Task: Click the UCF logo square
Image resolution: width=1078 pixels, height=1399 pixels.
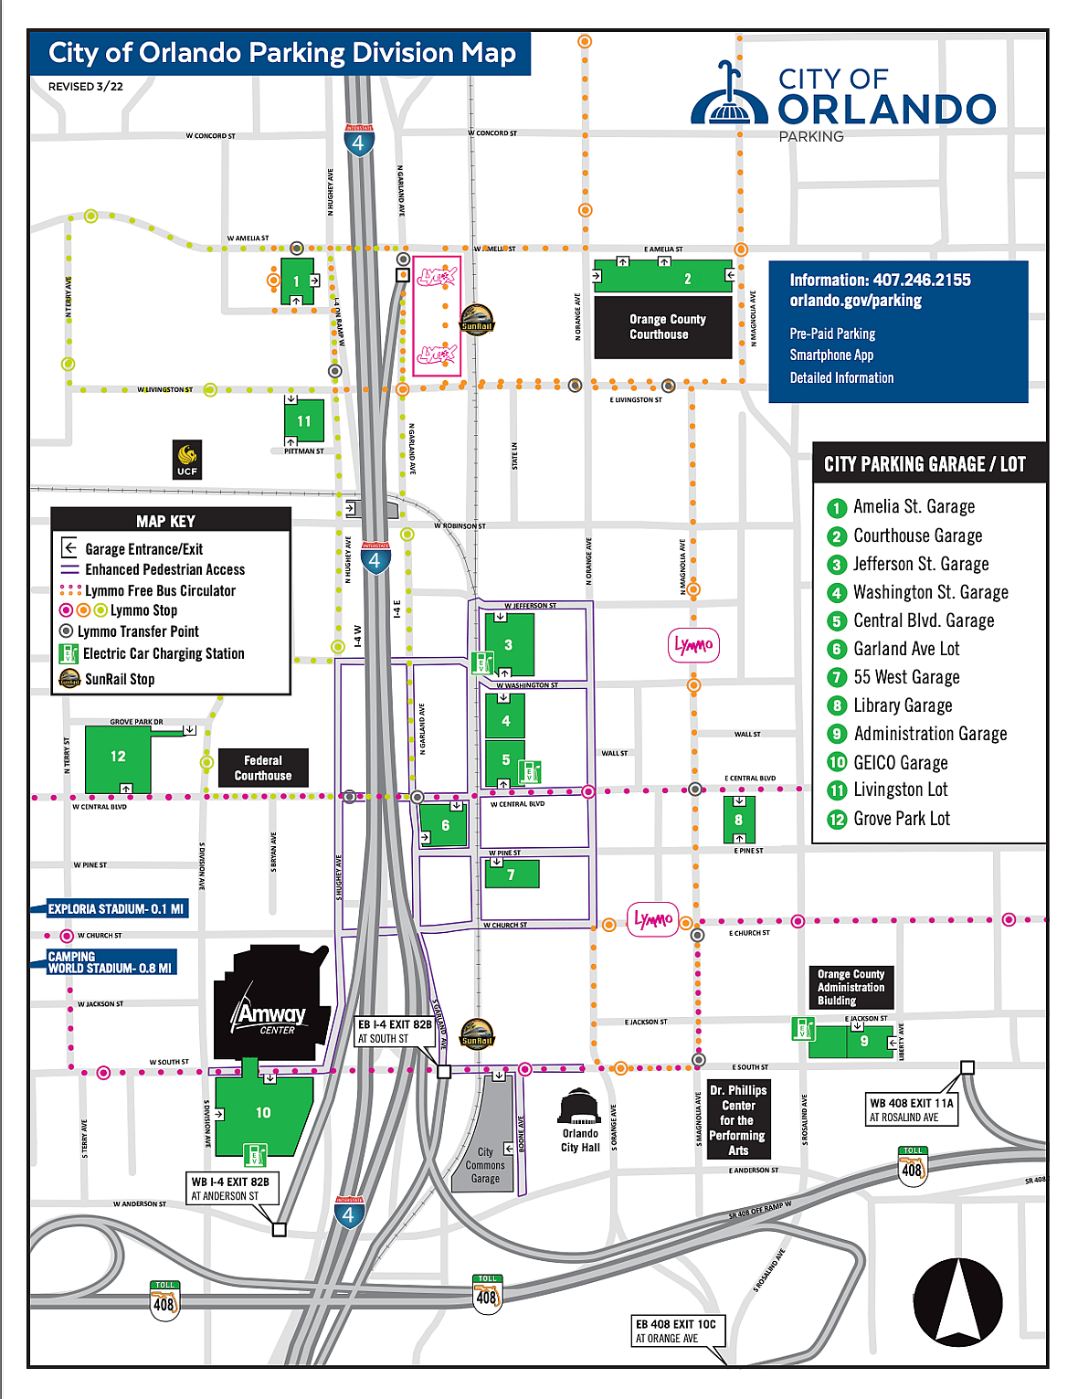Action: click(187, 459)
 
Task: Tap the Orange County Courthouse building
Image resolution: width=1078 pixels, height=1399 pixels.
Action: click(663, 326)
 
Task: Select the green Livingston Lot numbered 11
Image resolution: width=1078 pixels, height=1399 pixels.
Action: click(303, 421)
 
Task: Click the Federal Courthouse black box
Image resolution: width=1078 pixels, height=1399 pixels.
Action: click(263, 768)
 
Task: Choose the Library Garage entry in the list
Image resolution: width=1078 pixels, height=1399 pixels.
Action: click(903, 705)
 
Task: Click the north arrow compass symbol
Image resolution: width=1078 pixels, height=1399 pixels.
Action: click(957, 1301)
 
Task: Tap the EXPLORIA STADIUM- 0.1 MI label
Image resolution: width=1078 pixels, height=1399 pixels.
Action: click(115, 909)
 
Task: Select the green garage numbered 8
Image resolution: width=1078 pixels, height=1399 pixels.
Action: click(738, 820)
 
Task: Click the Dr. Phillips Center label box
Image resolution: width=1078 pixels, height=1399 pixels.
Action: click(738, 1119)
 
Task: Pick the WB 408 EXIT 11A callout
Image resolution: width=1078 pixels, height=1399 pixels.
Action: click(911, 1109)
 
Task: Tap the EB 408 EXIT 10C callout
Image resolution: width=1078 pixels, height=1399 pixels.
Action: click(676, 1330)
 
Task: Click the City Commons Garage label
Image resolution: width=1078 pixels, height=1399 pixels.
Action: click(485, 1165)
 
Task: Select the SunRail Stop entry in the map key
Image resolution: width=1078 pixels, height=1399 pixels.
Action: click(119, 679)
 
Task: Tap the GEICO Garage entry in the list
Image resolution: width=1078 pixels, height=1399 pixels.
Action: click(900, 762)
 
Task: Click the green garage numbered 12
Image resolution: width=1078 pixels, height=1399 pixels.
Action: click(119, 758)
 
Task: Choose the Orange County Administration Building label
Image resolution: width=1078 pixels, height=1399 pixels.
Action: click(851, 987)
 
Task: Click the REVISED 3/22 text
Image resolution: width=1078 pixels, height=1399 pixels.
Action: click(85, 87)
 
